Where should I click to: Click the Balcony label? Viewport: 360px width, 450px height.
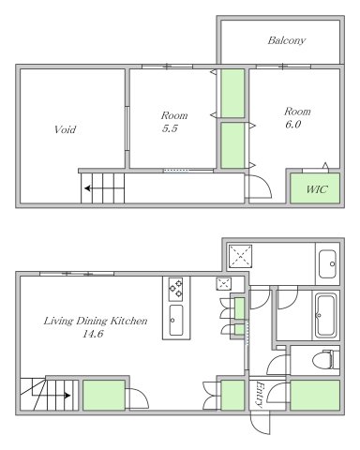click(286, 40)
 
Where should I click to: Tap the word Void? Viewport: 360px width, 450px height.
click(65, 129)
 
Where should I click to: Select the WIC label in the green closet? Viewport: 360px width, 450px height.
click(317, 189)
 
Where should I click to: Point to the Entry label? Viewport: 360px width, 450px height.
click(260, 394)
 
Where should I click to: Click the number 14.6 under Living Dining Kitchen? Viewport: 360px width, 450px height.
click(93, 334)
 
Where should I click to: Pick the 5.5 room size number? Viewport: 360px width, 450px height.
click(170, 128)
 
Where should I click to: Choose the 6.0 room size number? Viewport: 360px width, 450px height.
click(292, 125)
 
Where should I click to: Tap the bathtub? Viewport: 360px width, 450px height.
click(325, 315)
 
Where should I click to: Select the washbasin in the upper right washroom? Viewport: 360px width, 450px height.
click(327, 263)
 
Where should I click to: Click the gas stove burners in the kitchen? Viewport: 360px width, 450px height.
click(175, 289)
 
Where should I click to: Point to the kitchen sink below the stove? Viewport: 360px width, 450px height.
click(175, 320)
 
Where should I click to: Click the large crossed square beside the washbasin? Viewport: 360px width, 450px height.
click(240, 256)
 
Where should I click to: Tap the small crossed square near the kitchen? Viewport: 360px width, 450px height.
click(223, 284)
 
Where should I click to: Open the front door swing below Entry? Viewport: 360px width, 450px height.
click(260, 423)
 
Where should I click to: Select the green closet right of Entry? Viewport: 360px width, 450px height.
click(315, 395)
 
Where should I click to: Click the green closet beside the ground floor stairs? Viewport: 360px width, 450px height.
click(104, 395)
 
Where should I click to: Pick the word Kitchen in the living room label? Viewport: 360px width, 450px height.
click(129, 321)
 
